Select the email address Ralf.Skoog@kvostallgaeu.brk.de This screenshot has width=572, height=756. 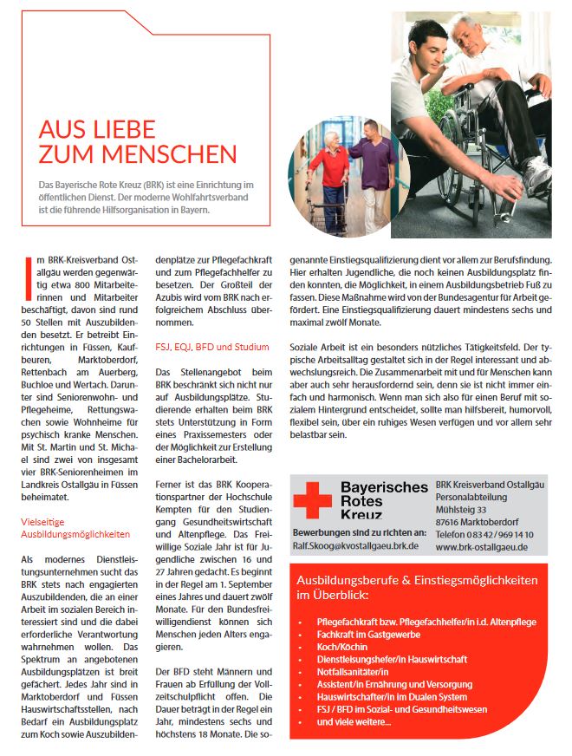click(355, 545)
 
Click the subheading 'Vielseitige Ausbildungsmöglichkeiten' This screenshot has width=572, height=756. click(75, 529)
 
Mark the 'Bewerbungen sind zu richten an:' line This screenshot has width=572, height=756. click(358, 531)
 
